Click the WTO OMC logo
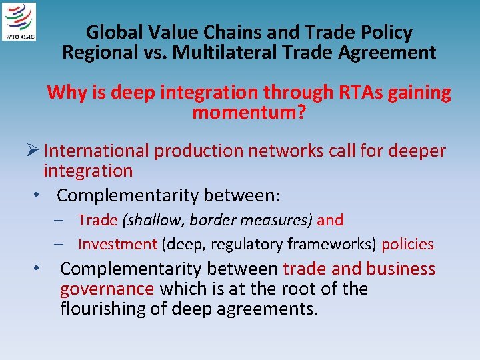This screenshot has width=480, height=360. pyautogui.click(x=20, y=21)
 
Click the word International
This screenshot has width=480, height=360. pyautogui.click(x=97, y=151)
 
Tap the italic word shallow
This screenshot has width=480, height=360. pyautogui.click(x=147, y=220)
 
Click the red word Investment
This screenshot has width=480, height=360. pyautogui.click(x=117, y=244)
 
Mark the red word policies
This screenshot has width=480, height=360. pyautogui.click(x=407, y=244)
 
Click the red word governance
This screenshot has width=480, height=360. pyautogui.click(x=107, y=289)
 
